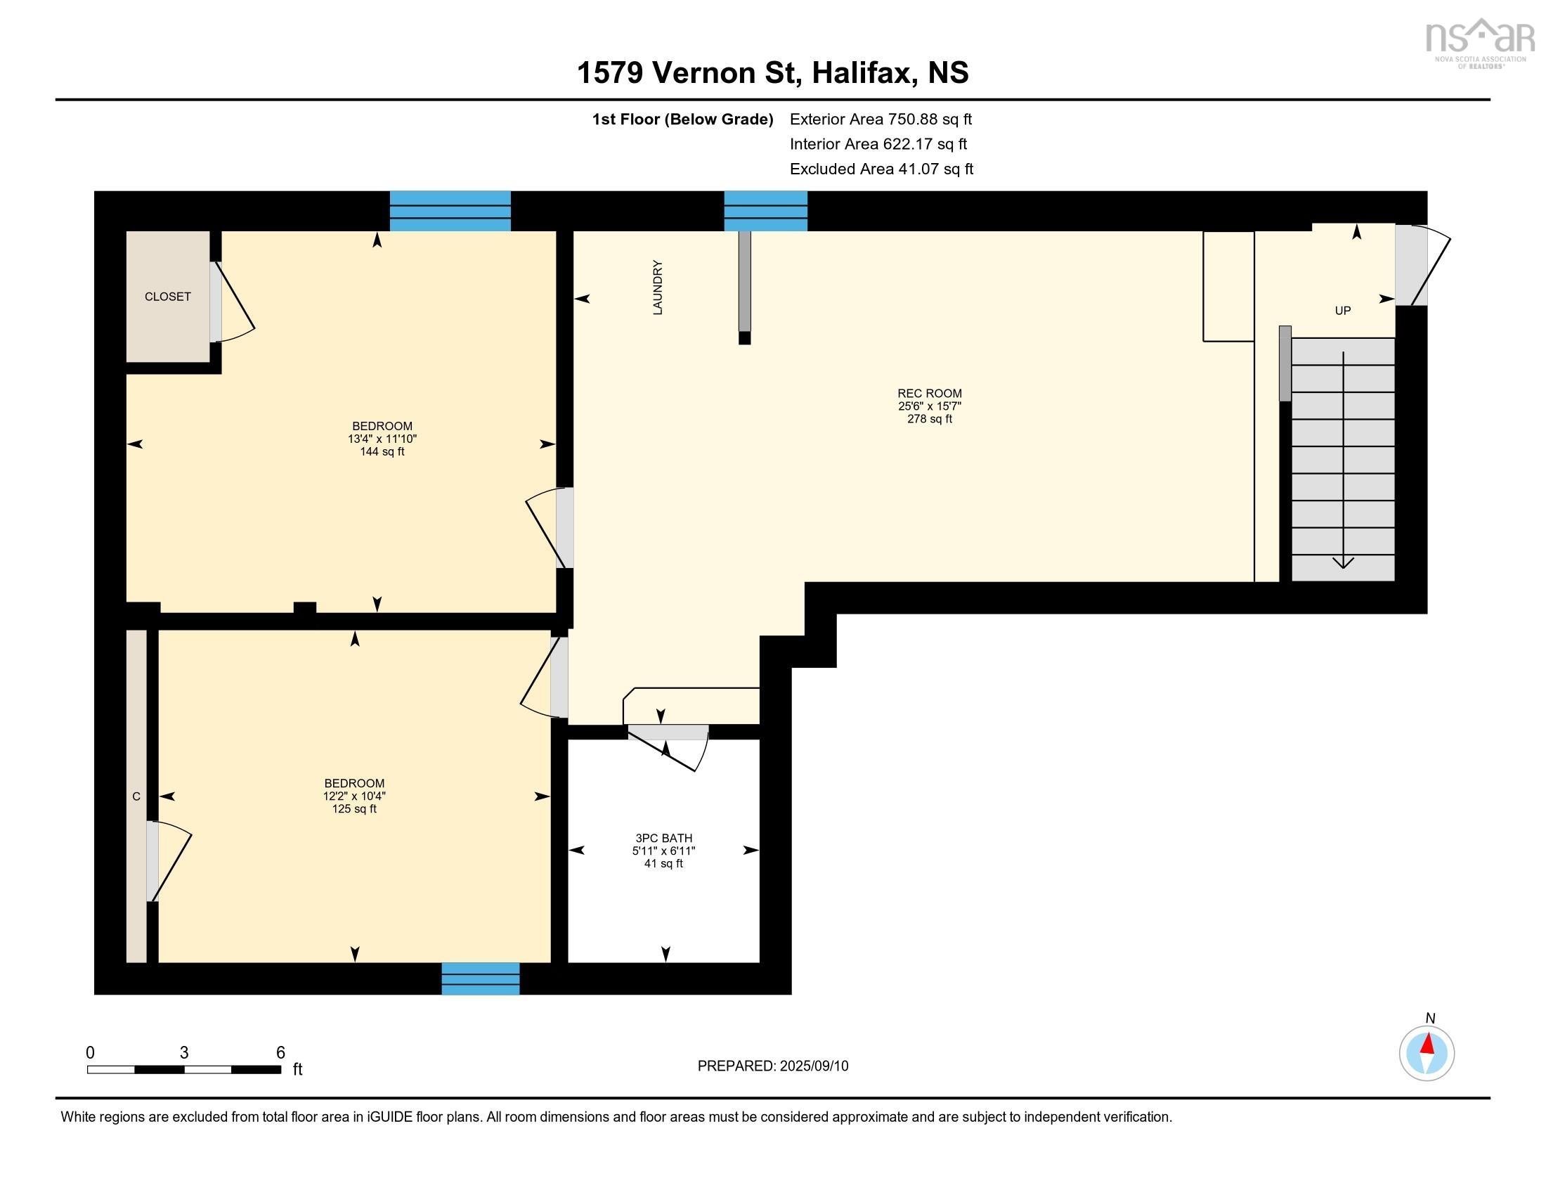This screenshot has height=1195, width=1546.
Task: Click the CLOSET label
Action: (168, 297)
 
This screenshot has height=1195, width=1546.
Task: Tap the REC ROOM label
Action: (929, 394)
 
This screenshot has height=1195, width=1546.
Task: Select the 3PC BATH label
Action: (663, 838)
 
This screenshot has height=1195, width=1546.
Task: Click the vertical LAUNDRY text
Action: (658, 288)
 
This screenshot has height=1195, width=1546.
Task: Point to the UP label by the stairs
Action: (1342, 310)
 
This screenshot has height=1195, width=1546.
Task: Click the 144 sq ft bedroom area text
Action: (382, 452)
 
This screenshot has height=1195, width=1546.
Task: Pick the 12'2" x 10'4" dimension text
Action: (354, 796)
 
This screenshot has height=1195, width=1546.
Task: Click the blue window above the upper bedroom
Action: (450, 211)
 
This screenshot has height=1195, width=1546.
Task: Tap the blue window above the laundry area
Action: (765, 211)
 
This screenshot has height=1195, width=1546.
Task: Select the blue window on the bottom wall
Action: (481, 978)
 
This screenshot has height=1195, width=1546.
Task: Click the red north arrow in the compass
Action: (1428, 1044)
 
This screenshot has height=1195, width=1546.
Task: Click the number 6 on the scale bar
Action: (280, 1052)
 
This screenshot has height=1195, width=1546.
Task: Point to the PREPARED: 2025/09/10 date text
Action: (772, 1066)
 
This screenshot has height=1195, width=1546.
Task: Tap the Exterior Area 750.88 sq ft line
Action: (881, 119)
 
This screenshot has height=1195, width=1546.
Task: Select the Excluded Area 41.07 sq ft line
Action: (881, 169)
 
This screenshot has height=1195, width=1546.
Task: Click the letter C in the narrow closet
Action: (136, 796)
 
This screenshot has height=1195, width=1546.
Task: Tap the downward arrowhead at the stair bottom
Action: (1343, 563)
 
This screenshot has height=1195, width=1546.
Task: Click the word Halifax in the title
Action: (862, 72)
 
